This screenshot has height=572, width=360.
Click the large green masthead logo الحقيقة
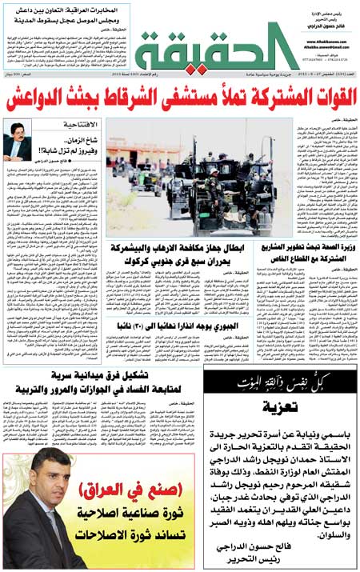coord(206,50)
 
